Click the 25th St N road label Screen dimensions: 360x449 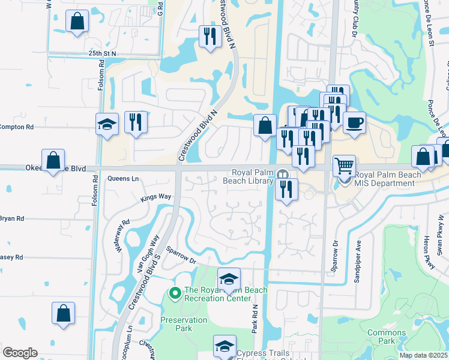click(102, 53)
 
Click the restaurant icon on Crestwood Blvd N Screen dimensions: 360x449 click(209, 37)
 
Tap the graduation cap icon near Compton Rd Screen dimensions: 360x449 click(107, 124)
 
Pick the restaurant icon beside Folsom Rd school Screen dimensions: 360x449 click(136, 122)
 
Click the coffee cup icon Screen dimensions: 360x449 click(354, 122)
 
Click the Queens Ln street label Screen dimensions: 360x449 click(123, 178)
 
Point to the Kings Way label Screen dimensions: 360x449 click(156, 197)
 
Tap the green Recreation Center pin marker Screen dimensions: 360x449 click(175, 293)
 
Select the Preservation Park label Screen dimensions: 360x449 click(184, 324)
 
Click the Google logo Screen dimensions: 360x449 click(20, 353)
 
